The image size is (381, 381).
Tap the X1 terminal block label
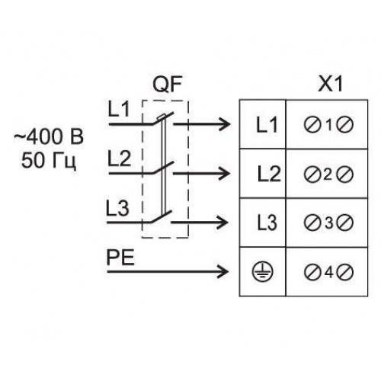tap(331, 84)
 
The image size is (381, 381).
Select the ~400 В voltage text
tap(49, 136)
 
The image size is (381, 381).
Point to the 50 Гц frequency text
tap(49, 161)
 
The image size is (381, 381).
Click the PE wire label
tap(120, 258)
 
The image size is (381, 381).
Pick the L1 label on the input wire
tap(119, 109)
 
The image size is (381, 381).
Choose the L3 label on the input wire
tap(117, 208)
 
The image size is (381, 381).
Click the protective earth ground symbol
tap(262, 272)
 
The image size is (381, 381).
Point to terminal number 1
tap(329, 125)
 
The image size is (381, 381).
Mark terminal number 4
tap(328, 272)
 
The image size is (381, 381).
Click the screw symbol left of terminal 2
tap(312, 174)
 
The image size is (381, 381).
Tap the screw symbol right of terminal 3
tap(345, 223)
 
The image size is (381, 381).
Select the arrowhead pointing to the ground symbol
tap(223, 271)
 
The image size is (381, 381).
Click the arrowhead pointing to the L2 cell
tap(224, 174)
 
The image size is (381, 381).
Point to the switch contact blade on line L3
tap(162, 216)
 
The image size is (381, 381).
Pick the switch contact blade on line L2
tap(163, 168)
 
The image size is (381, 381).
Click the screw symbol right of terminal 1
tap(345, 125)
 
